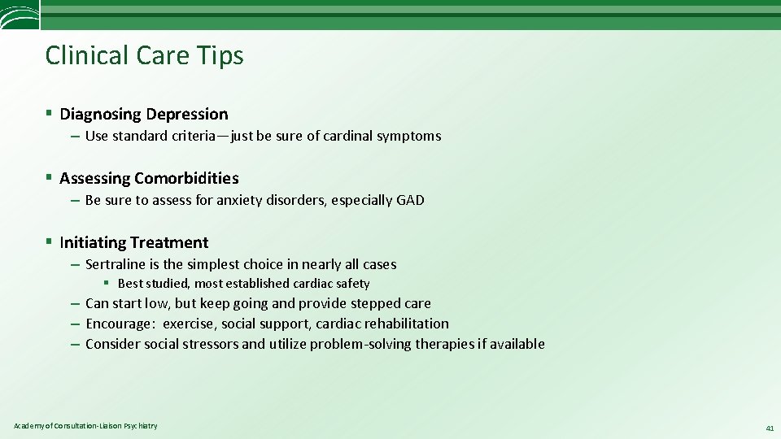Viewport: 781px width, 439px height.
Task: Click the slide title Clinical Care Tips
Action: (x=144, y=55)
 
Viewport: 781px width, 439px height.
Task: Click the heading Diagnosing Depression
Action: (x=143, y=114)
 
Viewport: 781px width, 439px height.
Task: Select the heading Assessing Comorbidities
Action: (x=149, y=178)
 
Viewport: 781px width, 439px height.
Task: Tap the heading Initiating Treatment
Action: (x=133, y=242)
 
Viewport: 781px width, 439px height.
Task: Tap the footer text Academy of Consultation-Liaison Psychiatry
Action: (x=85, y=426)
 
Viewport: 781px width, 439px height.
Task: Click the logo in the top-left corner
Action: (x=19, y=15)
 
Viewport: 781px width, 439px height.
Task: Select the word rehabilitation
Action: (x=406, y=324)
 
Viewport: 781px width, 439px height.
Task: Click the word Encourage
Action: (x=120, y=324)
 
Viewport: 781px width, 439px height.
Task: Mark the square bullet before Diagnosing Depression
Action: (x=50, y=114)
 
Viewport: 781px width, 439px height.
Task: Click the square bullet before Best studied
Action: (x=107, y=284)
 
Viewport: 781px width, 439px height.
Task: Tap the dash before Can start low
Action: (x=74, y=303)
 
